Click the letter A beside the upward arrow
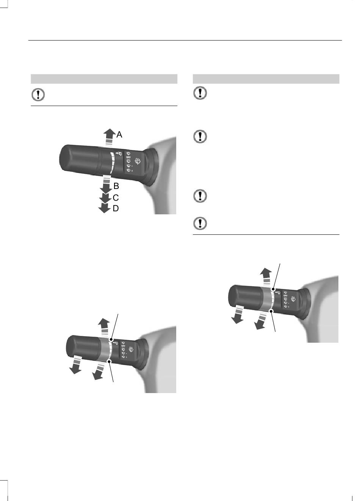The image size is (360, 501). [119, 135]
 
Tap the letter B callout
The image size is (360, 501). [116, 186]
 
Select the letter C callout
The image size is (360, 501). [116, 198]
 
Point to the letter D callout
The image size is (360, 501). [116, 208]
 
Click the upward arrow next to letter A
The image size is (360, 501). [109, 137]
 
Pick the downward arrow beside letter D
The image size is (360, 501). [104, 208]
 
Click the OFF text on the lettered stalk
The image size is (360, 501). [128, 157]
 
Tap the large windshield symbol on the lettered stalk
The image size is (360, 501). [138, 161]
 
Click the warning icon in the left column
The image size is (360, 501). [38, 95]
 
